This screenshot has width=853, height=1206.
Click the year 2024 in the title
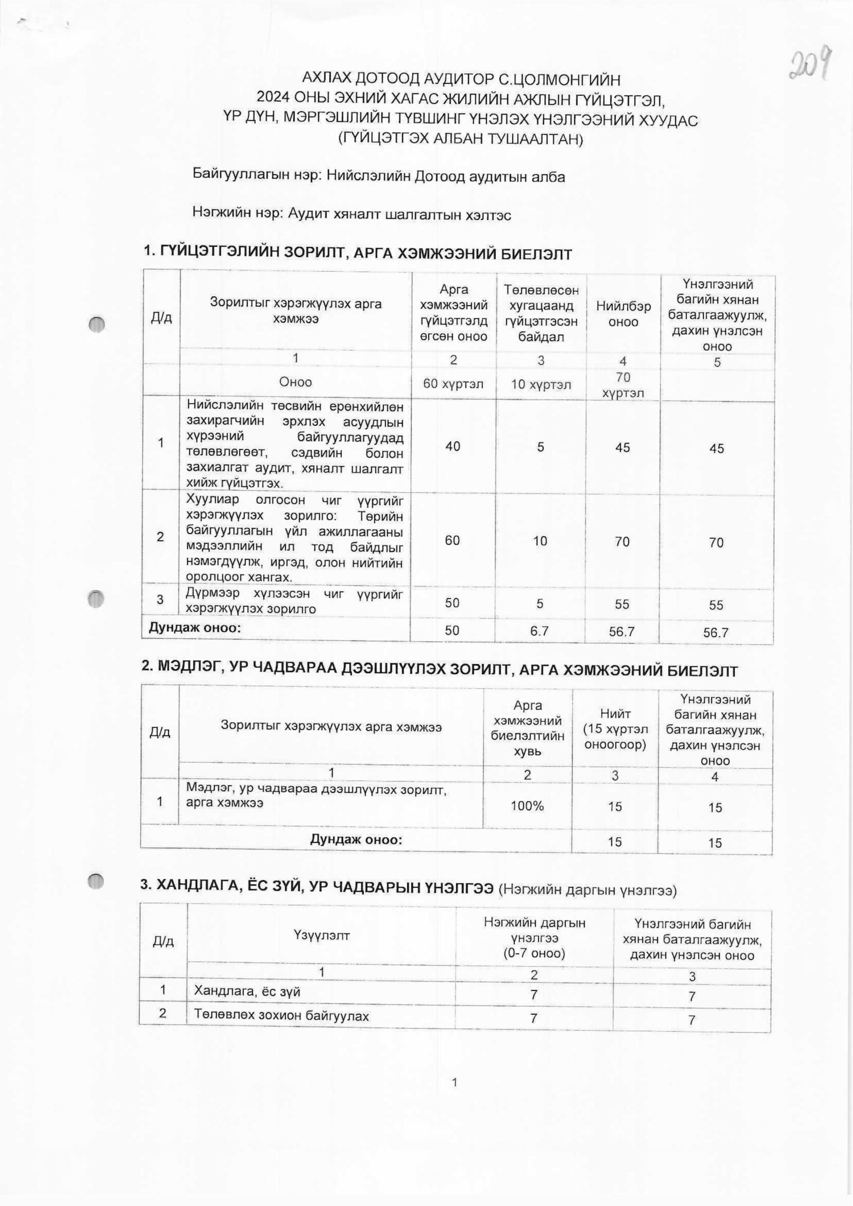point(271,99)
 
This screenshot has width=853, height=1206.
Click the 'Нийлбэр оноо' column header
point(623,314)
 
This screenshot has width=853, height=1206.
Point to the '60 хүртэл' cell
point(453,384)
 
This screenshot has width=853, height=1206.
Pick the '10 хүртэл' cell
point(540,384)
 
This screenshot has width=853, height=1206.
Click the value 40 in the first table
point(453,446)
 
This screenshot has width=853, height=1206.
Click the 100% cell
point(527,806)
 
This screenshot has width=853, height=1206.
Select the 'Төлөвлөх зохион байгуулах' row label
point(282,1015)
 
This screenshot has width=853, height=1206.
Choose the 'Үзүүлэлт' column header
point(322,935)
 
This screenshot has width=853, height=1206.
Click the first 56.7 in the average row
point(622,631)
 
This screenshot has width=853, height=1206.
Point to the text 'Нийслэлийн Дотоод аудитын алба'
point(445,177)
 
